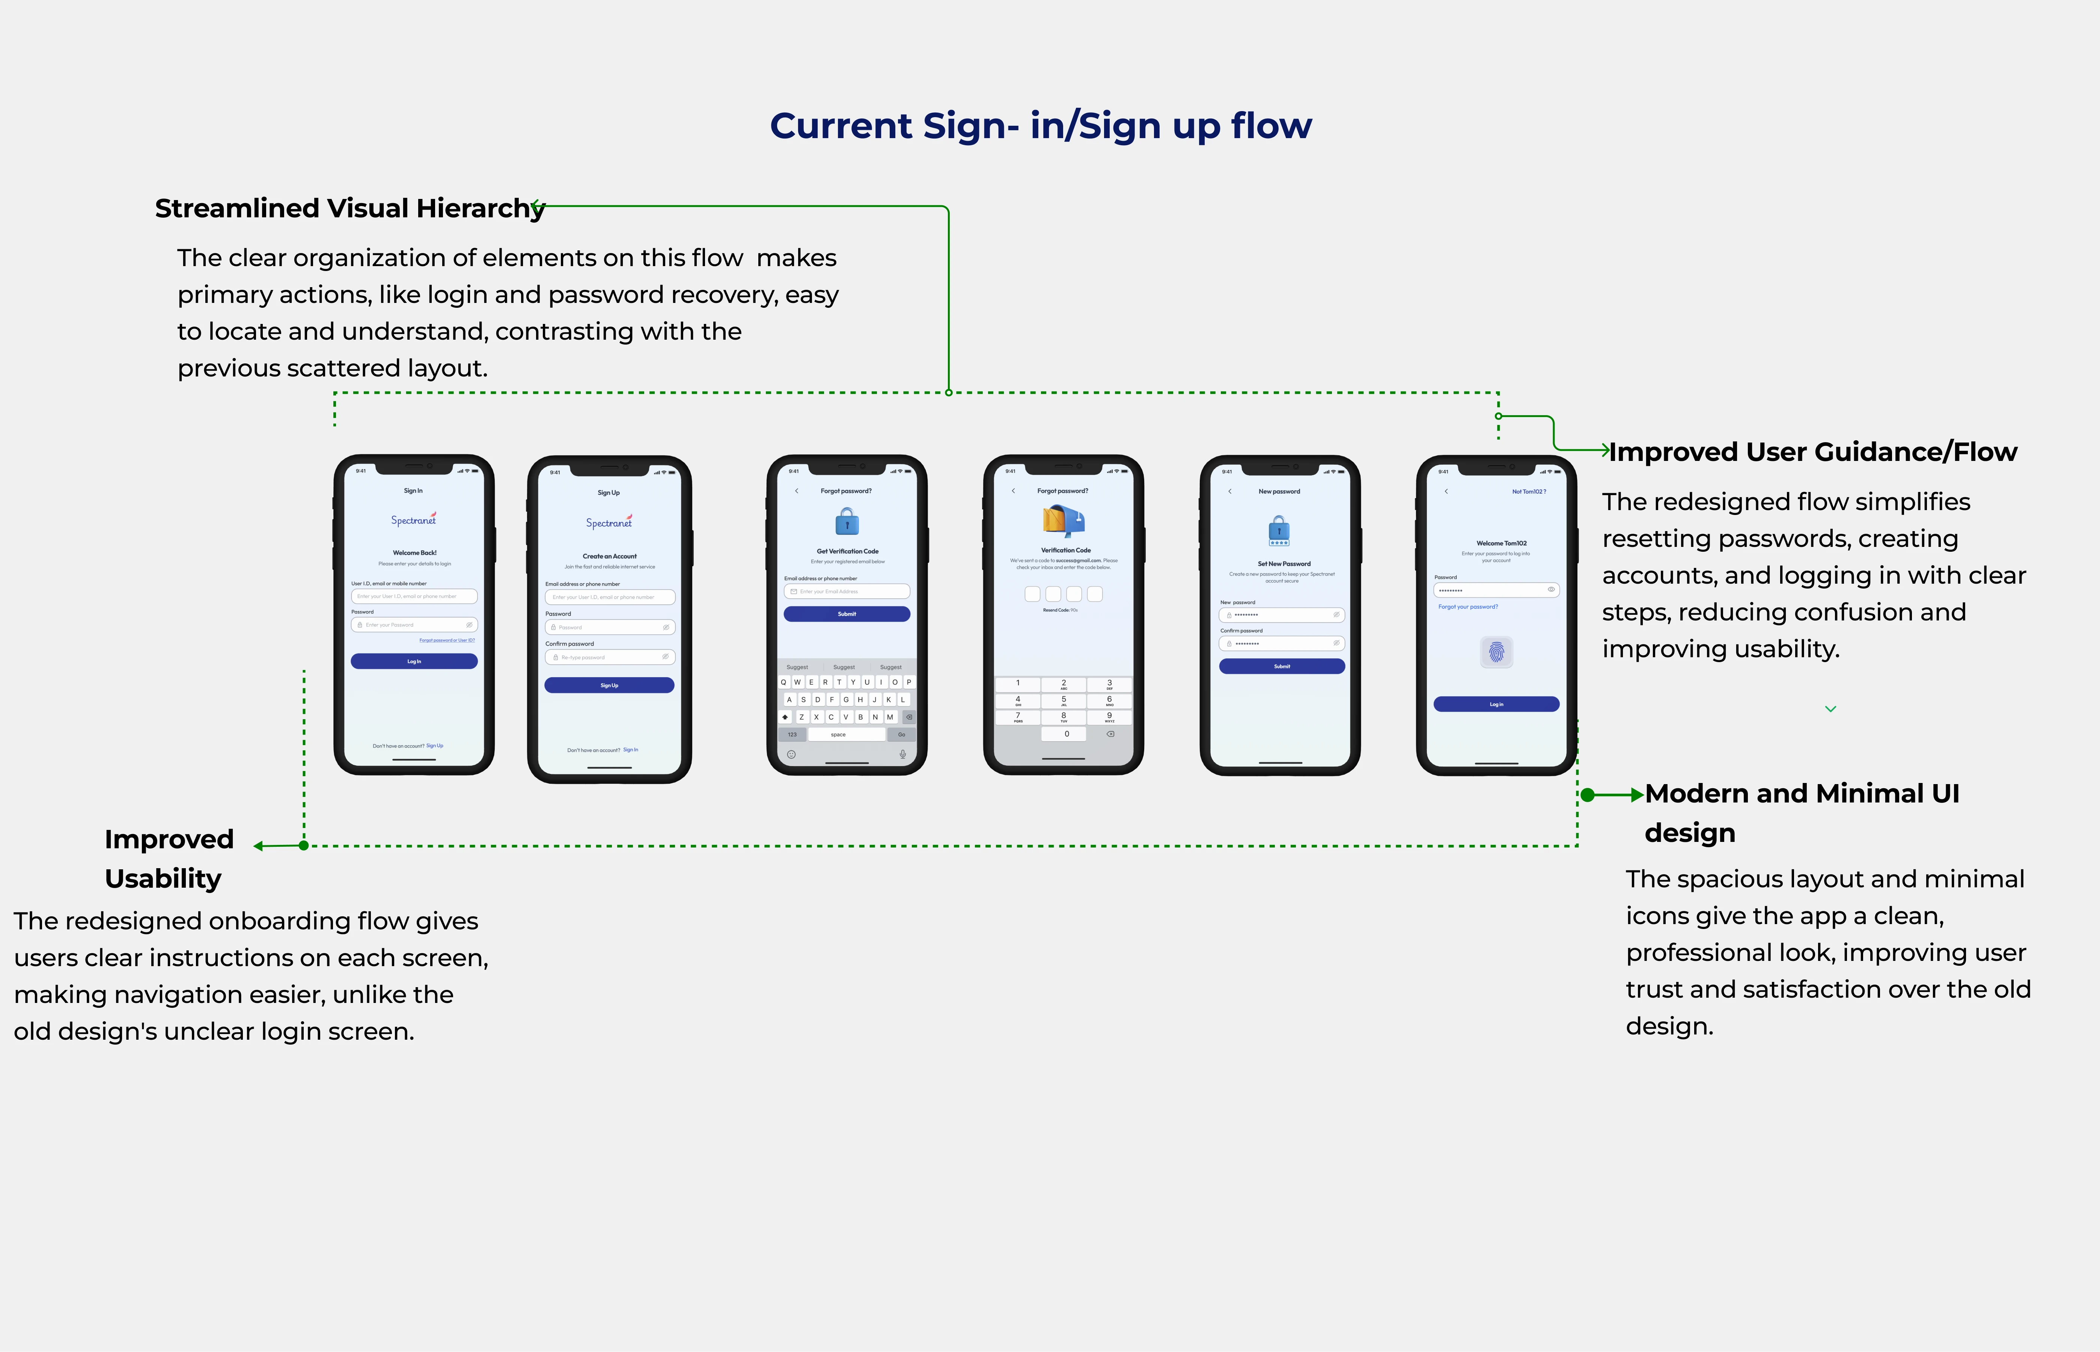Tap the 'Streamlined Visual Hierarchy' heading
tap(349, 208)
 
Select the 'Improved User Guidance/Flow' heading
tap(1813, 452)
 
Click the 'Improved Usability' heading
tap(169, 859)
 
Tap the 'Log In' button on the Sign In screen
tap(414, 661)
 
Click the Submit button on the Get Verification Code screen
tap(846, 614)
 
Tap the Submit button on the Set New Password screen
tap(1282, 666)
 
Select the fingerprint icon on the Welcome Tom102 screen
tap(1497, 652)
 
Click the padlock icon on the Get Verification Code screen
tap(846, 523)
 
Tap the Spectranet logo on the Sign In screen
tap(413, 520)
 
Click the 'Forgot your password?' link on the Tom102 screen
tap(1468, 607)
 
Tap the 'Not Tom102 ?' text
tap(1529, 492)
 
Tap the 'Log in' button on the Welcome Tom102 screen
tap(1496, 704)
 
